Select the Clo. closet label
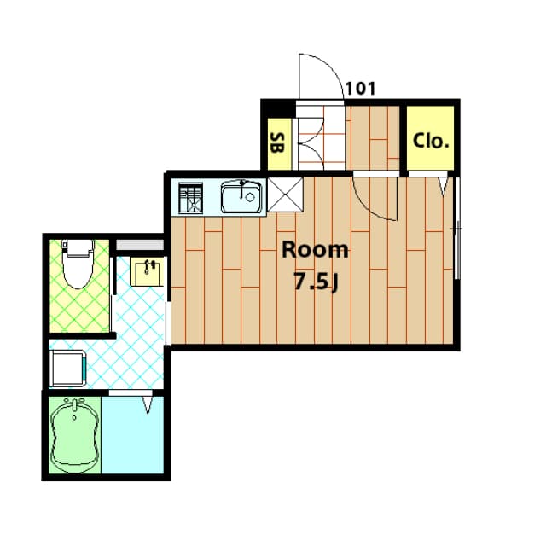click(431, 141)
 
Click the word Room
click(316, 250)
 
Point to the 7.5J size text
click(316, 282)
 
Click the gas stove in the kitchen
click(189, 198)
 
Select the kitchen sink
click(240, 197)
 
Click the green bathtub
click(74, 433)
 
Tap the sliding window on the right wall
click(457, 229)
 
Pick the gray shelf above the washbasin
click(140, 246)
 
